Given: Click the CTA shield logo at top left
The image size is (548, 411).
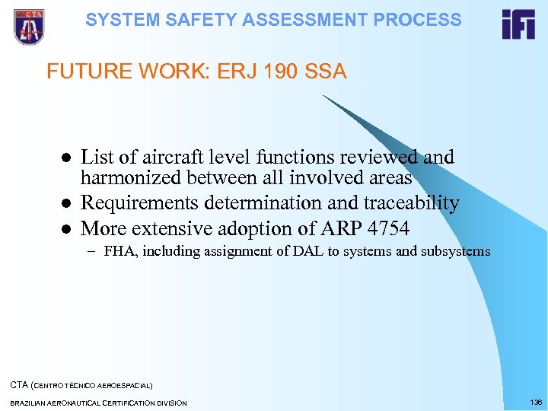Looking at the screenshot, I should [x=30, y=27].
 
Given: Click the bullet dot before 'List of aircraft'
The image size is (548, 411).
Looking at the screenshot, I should [x=66, y=158].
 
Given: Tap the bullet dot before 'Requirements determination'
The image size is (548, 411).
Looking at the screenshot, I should [x=66, y=204].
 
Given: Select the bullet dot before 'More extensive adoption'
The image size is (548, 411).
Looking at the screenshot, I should [x=66, y=229].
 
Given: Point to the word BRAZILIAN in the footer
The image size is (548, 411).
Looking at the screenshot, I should [x=30, y=403].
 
